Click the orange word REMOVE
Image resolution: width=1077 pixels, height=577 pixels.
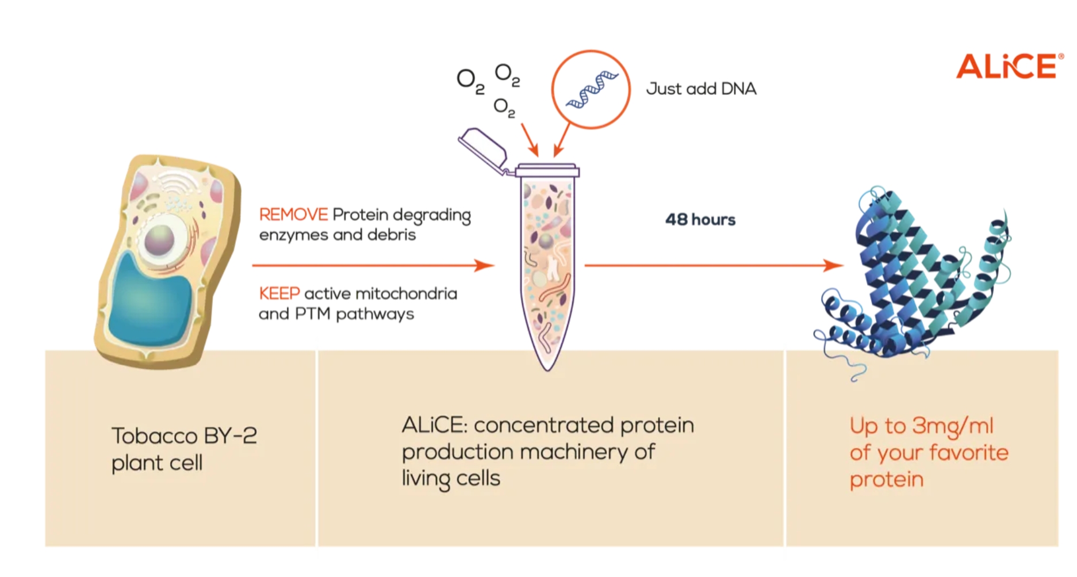293,215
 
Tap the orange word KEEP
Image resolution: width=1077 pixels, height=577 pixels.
279,293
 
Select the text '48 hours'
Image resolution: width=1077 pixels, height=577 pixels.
700,220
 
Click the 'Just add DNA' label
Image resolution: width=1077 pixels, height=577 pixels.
701,89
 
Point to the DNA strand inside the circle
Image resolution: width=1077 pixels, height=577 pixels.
592,89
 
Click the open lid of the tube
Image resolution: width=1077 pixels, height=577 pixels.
483,150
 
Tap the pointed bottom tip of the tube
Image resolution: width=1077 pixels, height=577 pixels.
547,369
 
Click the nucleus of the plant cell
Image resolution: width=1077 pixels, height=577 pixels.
159,240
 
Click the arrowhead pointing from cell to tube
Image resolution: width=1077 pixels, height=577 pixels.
484,265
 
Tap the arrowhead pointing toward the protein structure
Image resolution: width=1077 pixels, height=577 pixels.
834,265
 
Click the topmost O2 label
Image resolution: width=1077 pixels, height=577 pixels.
507,74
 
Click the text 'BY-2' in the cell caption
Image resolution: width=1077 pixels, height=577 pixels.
229,435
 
